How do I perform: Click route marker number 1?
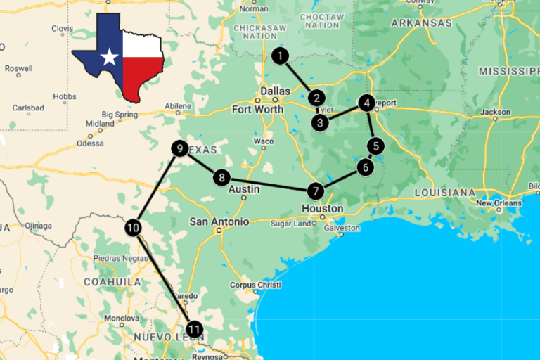pos(281,56)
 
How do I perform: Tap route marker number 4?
pos(366,103)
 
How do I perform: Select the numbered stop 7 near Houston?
pos(315,191)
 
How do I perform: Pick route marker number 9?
pos(180,148)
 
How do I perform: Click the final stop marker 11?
pos(195,328)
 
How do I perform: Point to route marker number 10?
pos(133,227)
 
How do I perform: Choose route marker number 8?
pos(221,178)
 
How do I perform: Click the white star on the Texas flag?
pos(109,58)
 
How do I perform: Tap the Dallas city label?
pos(274,91)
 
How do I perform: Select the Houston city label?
pos(322,208)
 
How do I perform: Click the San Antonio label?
pos(219,221)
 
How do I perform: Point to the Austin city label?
pos(244,189)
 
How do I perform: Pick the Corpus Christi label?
pos(255,285)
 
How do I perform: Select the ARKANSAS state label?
pos(421,22)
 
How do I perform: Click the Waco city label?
pos(264,141)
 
